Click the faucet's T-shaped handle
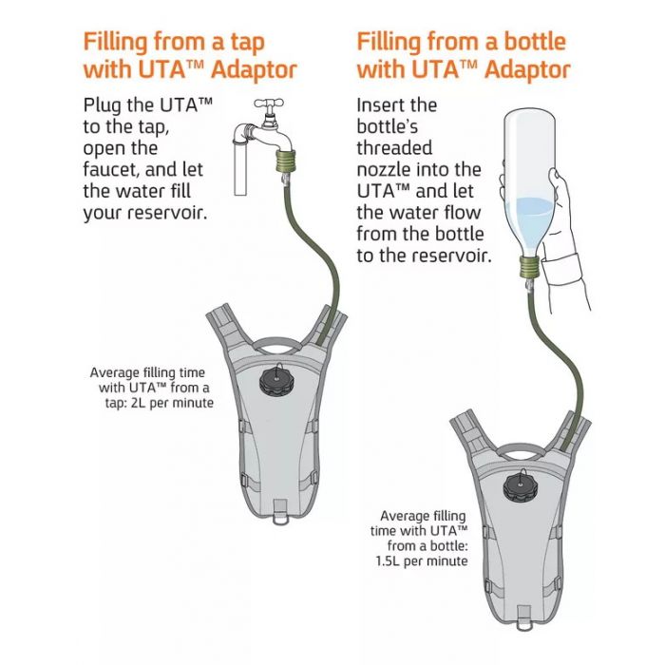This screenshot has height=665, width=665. click(269, 104)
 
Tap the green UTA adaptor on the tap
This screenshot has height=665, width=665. click(286, 161)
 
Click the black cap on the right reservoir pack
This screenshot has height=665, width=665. click(520, 485)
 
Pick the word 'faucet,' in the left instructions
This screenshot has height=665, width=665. click(111, 170)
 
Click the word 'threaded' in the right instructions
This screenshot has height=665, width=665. click(394, 148)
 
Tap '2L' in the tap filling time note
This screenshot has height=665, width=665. click(139, 403)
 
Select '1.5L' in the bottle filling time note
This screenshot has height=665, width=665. click(388, 561)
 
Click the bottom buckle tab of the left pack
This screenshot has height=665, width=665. click(280, 511)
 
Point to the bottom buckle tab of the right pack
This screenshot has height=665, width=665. click(524, 617)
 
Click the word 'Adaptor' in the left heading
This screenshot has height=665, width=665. click(254, 70)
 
